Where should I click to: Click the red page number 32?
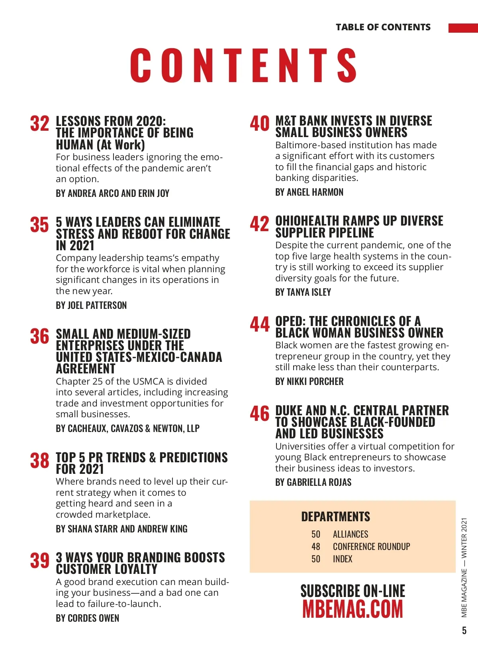coord(39,124)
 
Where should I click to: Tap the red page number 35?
coord(39,225)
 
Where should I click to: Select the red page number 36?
coord(39,336)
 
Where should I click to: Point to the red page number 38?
coord(39,461)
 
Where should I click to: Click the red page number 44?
coord(260,324)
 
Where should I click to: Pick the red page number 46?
coord(260,414)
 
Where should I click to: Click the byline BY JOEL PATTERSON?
coord(91,305)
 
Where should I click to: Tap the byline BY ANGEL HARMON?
coord(309,192)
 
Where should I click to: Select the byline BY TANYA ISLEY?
coord(303,292)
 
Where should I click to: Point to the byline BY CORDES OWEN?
coord(87,618)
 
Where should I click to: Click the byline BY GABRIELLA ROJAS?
coord(313,482)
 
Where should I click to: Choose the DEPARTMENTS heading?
coord(335,516)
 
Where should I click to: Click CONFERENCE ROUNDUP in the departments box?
coord(371,546)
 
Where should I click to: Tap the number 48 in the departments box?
coord(316,546)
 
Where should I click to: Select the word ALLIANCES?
coord(351,534)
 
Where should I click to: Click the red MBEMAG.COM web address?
coord(353,609)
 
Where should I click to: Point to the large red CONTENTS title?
coord(243,65)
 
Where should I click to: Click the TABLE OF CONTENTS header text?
coord(383,27)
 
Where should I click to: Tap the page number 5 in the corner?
coord(464,630)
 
